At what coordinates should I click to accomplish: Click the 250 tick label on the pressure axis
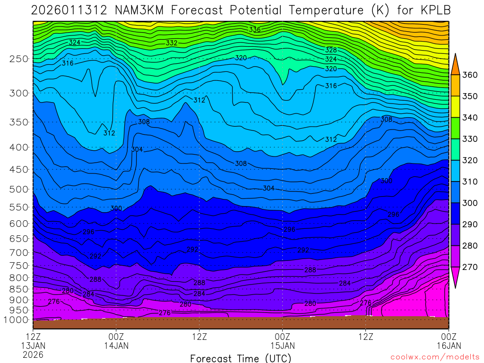[x=19, y=59]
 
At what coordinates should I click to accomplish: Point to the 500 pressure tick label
[x=19, y=190]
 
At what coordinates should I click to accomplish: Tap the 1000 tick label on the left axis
[x=17, y=320]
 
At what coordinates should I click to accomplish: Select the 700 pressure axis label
[x=19, y=253]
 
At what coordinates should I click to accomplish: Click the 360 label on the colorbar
[x=469, y=75]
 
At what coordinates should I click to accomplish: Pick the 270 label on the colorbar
[x=469, y=267]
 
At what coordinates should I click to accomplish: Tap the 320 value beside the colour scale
[x=469, y=160]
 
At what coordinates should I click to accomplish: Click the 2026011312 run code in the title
[x=70, y=10]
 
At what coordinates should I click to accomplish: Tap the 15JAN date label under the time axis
[x=283, y=346]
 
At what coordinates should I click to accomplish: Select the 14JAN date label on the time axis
[x=116, y=346]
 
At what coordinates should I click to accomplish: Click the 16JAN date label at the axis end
[x=448, y=346]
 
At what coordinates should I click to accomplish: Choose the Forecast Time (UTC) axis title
[x=241, y=358]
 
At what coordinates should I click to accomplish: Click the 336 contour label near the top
[x=255, y=30]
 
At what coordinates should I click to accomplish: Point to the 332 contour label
[x=172, y=43]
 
